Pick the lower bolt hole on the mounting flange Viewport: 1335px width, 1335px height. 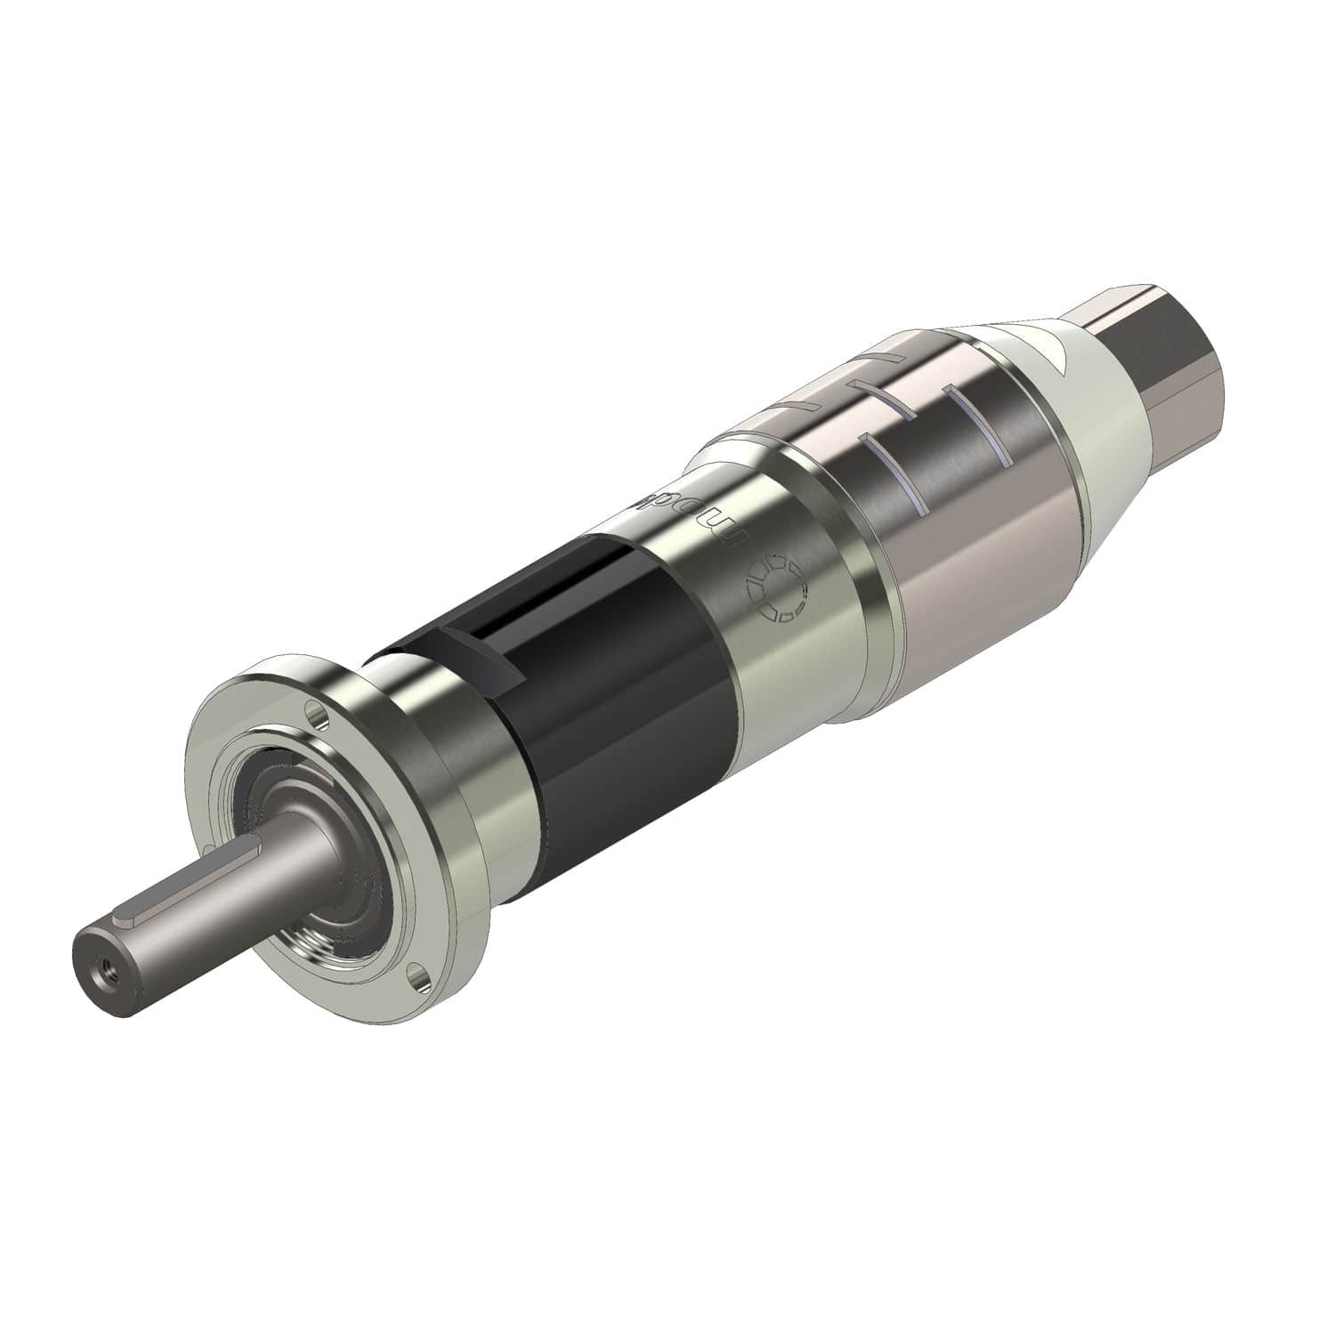click(x=415, y=977)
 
